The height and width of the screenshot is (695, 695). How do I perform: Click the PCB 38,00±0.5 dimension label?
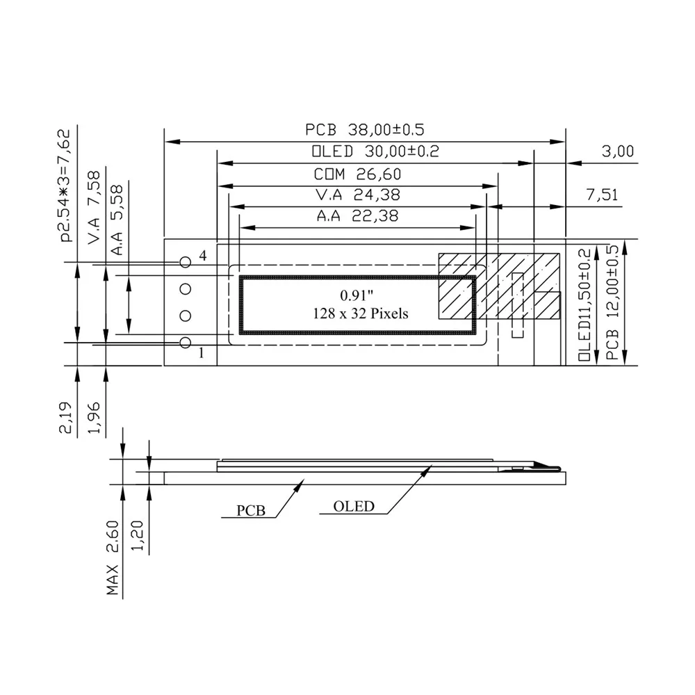(364, 129)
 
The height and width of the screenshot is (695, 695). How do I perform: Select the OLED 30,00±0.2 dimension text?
(375, 151)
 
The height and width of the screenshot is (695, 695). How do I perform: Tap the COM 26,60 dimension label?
(357, 174)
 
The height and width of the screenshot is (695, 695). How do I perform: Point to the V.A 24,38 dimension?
(358, 195)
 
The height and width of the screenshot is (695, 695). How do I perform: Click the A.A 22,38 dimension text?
(357, 216)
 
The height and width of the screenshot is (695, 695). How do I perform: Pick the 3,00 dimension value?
(617, 151)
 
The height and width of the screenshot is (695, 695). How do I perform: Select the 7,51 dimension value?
(602, 195)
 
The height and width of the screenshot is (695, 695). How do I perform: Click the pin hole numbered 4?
(186, 263)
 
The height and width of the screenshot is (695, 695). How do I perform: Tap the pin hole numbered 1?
(186, 343)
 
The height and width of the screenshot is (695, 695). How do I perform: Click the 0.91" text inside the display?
(357, 295)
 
